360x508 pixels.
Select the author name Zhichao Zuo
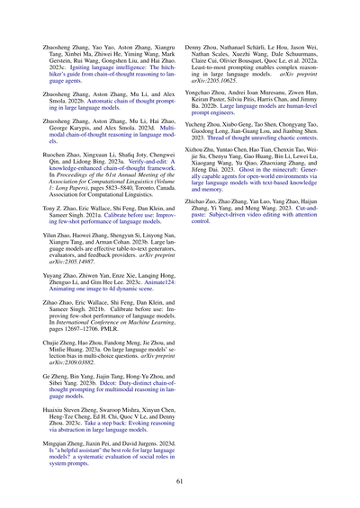pos(207,204)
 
